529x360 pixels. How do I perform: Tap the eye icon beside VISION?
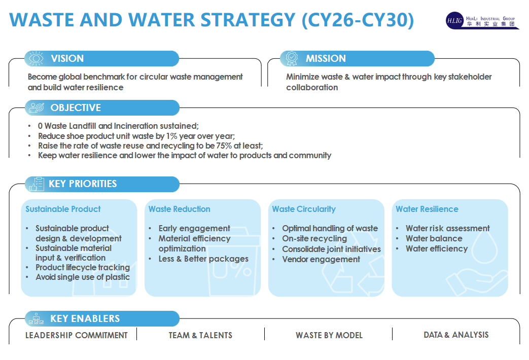point(36,58)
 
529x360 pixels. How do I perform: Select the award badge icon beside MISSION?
point(292,58)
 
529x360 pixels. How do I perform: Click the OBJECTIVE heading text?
point(76,107)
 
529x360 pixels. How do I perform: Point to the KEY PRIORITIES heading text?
point(83,184)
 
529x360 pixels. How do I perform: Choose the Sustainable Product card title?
point(63,209)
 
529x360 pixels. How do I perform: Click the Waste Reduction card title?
point(179,209)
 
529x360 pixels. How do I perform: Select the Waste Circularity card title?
point(304,209)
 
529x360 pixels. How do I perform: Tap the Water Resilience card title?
point(427,209)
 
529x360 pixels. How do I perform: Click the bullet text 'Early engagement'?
point(194,228)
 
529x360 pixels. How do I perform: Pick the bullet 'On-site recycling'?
point(314,238)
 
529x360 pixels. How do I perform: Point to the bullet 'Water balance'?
point(434,238)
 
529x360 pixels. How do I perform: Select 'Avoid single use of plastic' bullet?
point(83,277)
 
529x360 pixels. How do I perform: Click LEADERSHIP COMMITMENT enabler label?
point(76,335)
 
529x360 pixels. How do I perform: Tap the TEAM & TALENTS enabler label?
point(200,335)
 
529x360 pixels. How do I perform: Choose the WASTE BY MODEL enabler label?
point(329,335)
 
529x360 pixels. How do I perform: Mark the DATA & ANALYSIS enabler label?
point(456,335)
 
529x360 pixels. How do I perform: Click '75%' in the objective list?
point(224,146)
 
